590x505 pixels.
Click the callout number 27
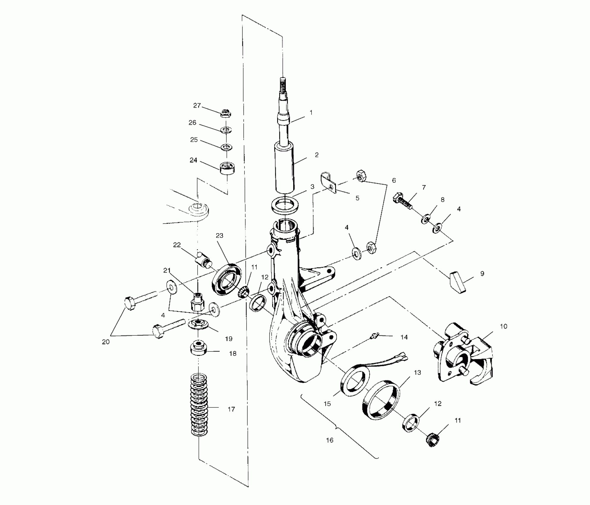coord(197,105)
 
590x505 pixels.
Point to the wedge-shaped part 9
coord(458,282)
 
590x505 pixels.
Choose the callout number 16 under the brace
coord(329,440)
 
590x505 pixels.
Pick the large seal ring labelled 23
coord(227,280)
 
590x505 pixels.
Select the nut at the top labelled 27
coord(226,113)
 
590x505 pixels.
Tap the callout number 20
coord(106,342)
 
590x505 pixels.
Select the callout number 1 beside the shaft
coord(311,113)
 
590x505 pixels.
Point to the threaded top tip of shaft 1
coord(282,82)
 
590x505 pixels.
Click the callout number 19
coord(228,339)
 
